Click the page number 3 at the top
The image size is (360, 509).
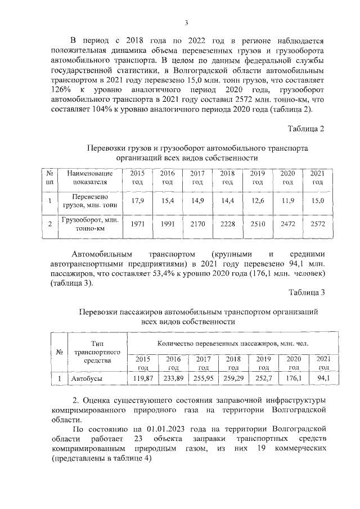[x=186, y=22]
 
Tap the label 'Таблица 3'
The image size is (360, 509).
[x=307, y=291]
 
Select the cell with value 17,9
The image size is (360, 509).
[x=137, y=201]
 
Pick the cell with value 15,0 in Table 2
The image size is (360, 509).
[x=317, y=201]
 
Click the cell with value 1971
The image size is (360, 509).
[x=137, y=224]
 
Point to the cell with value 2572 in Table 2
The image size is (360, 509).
[x=317, y=224]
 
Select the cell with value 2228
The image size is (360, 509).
[x=227, y=224]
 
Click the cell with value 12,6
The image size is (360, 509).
[x=257, y=201]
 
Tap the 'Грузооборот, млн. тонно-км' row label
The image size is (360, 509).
[x=86, y=224]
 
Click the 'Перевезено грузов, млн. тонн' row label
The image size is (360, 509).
[x=86, y=201]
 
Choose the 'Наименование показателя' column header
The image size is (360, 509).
[x=86, y=177]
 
